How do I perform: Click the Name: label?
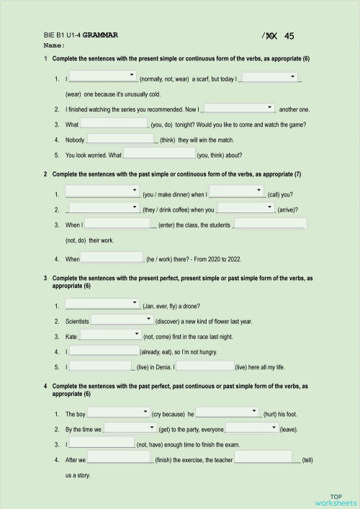pos(55,45)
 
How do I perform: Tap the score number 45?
pos(289,35)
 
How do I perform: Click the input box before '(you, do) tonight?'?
pos(114,123)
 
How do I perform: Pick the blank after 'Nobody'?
pos(121,139)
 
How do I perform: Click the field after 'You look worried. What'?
pos(159,154)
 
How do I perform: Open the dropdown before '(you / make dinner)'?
pos(102,192)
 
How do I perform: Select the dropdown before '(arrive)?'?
pos(246,208)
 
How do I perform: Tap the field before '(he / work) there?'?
pos(113,257)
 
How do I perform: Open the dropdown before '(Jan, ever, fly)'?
pos(102,304)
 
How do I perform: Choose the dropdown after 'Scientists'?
pos(121,320)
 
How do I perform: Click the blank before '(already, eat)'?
pos(104,351)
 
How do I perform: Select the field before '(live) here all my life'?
pos(204,366)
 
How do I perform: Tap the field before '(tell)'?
pos(264,458)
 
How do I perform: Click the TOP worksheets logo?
pos(335,498)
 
